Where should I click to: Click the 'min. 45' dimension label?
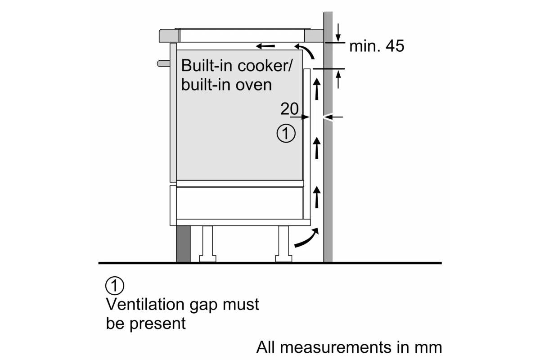(377, 46)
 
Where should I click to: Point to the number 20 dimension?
(289, 108)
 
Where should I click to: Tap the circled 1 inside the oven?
(286, 134)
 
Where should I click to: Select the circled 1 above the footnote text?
(114, 286)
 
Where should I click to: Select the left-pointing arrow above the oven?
(265, 46)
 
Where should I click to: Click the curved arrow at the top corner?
(307, 50)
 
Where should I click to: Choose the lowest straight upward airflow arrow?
(317, 196)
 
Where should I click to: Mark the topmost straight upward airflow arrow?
(317, 88)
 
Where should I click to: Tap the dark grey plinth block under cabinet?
(183, 243)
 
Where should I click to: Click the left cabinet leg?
(207, 243)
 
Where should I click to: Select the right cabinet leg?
(283, 243)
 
